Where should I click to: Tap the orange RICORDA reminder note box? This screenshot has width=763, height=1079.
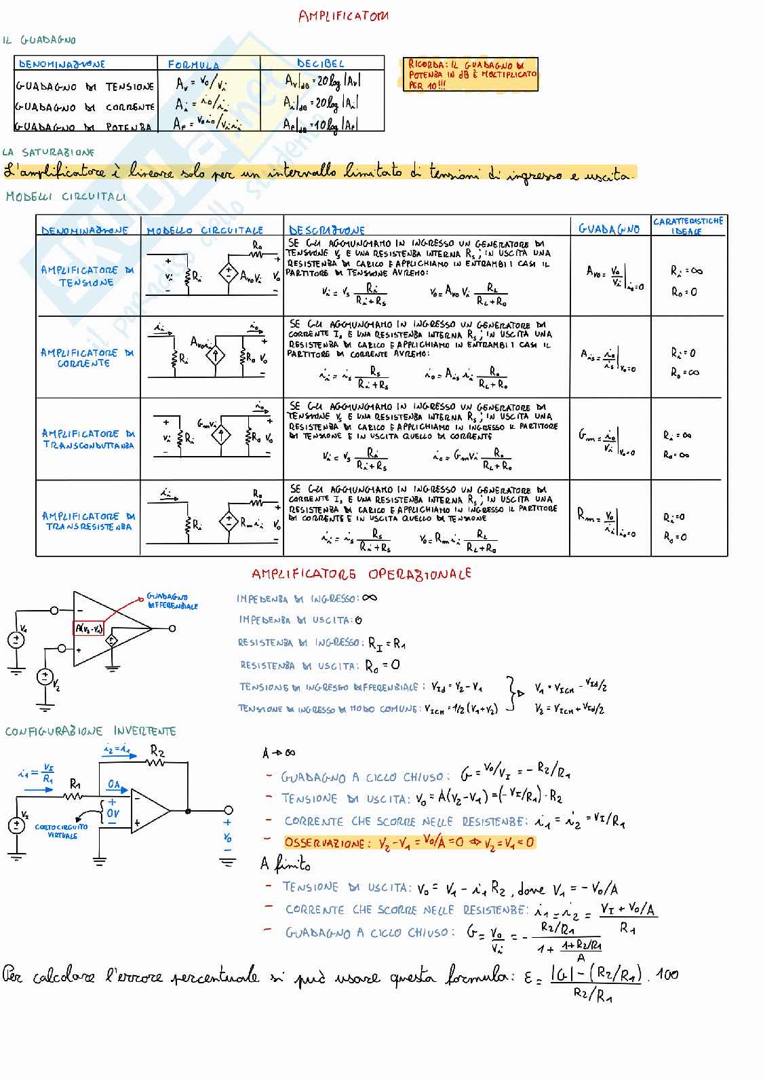[x=471, y=75]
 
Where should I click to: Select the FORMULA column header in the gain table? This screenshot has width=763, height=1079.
[x=193, y=64]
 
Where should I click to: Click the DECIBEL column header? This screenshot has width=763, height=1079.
[x=320, y=64]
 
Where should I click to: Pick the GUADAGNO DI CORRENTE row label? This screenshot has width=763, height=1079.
[x=85, y=107]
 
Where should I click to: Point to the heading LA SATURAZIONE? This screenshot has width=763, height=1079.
[x=48, y=153]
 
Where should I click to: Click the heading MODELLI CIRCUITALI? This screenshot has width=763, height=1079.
[x=66, y=197]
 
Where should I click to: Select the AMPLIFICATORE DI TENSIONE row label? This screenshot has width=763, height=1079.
[x=87, y=276]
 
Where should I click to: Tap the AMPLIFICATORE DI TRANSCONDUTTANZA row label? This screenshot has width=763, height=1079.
[x=87, y=439]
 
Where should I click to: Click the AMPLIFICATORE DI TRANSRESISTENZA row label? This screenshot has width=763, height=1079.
[x=87, y=521]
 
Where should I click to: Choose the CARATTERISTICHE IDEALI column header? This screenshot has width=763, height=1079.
[x=688, y=226]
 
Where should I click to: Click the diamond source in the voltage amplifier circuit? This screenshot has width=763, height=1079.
[x=228, y=274]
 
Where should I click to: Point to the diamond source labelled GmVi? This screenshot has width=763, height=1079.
[x=221, y=435]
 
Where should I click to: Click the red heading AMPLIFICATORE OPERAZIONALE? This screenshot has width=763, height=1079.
[x=361, y=574]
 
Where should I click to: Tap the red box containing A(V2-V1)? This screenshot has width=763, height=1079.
[x=89, y=628]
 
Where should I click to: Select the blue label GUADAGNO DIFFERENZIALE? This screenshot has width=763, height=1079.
[x=172, y=601]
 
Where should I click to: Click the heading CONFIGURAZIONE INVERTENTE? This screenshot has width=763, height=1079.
[x=90, y=731]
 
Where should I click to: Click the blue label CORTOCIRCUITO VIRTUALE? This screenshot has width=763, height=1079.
[x=62, y=831]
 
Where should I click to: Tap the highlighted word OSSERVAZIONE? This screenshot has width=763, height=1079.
[x=324, y=843]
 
